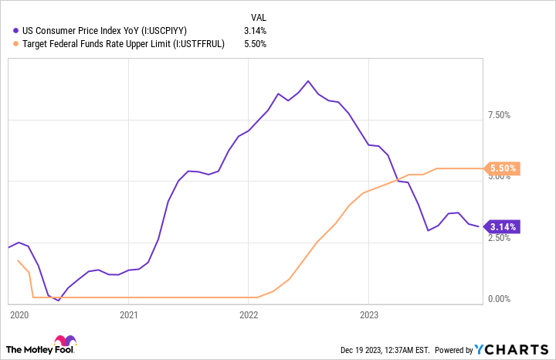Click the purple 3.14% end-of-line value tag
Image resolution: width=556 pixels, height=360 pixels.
(503, 226)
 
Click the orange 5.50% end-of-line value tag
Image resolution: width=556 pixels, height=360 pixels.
(503, 168)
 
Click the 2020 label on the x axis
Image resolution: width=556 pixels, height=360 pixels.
(19, 315)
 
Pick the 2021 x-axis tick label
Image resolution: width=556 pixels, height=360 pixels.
(129, 315)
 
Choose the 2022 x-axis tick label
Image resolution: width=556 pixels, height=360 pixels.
(249, 315)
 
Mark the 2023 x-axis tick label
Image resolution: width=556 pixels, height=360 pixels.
(369, 315)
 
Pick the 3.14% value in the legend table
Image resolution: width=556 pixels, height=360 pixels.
(255, 31)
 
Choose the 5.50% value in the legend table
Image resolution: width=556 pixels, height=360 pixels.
(255, 44)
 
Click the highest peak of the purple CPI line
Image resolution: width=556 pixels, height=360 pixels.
(308, 80)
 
